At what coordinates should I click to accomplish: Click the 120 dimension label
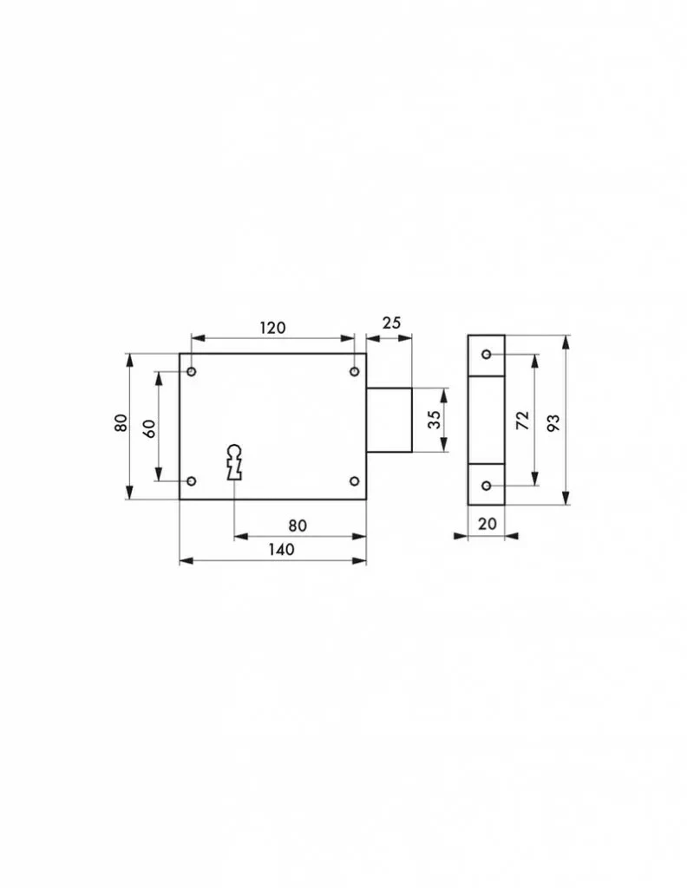[x=272, y=328]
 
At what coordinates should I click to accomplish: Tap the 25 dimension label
[x=391, y=323]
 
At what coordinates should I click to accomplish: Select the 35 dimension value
[x=434, y=420]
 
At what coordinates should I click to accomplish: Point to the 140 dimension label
[x=282, y=549]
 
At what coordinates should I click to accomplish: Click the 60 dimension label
[x=149, y=428]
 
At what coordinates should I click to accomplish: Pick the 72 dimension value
[x=523, y=421]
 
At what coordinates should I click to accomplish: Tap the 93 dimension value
[x=553, y=423]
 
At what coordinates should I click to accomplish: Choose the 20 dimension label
[x=487, y=524]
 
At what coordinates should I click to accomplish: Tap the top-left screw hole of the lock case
[x=192, y=371]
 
